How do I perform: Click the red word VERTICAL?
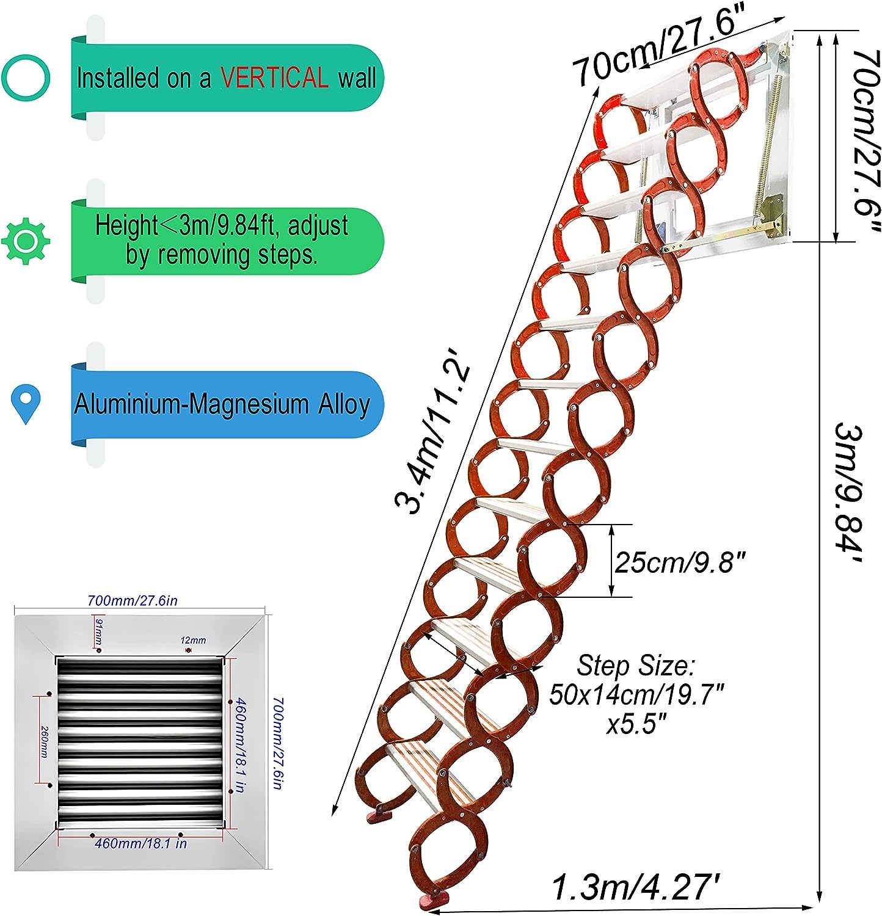click(275, 78)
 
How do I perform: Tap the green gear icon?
click(26, 241)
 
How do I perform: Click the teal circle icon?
click(26, 78)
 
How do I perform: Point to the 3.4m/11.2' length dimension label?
click(432, 436)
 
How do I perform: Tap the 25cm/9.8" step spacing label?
click(680, 562)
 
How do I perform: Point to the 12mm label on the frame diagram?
click(193, 641)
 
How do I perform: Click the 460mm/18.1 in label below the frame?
click(141, 843)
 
